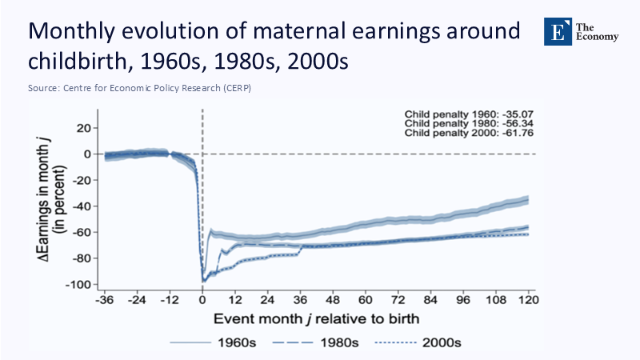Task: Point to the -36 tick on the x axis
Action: pyautogui.click(x=104, y=301)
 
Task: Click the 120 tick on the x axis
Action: pyautogui.click(x=526, y=301)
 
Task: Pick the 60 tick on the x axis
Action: pyautogui.click(x=366, y=301)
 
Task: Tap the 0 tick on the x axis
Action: pyautogui.click(x=202, y=301)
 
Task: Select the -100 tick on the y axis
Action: pyautogui.click(x=80, y=284)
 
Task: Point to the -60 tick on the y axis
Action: pyautogui.click(x=82, y=232)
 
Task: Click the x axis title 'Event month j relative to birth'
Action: pyautogui.click(x=314, y=318)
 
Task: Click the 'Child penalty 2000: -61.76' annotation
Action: pyautogui.click(x=470, y=134)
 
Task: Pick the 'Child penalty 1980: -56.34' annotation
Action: pyautogui.click(x=470, y=125)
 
